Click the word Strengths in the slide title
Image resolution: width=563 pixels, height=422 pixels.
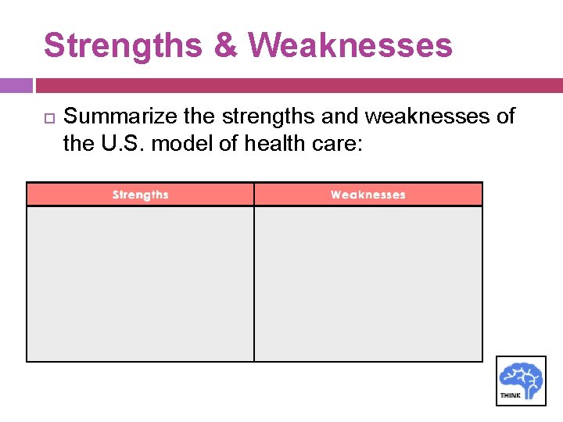point(122,45)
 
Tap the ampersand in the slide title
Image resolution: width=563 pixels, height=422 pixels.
point(224,45)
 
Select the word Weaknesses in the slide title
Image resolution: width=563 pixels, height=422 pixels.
point(352,45)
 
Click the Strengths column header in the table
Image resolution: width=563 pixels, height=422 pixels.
point(141,195)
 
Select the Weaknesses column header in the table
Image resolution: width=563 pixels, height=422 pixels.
point(368,195)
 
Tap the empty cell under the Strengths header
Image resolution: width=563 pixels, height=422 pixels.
point(141,283)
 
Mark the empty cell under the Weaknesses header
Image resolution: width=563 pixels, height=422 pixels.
point(368,283)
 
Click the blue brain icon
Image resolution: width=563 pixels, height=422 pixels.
point(522,376)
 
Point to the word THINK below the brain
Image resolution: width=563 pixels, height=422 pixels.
point(509,395)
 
